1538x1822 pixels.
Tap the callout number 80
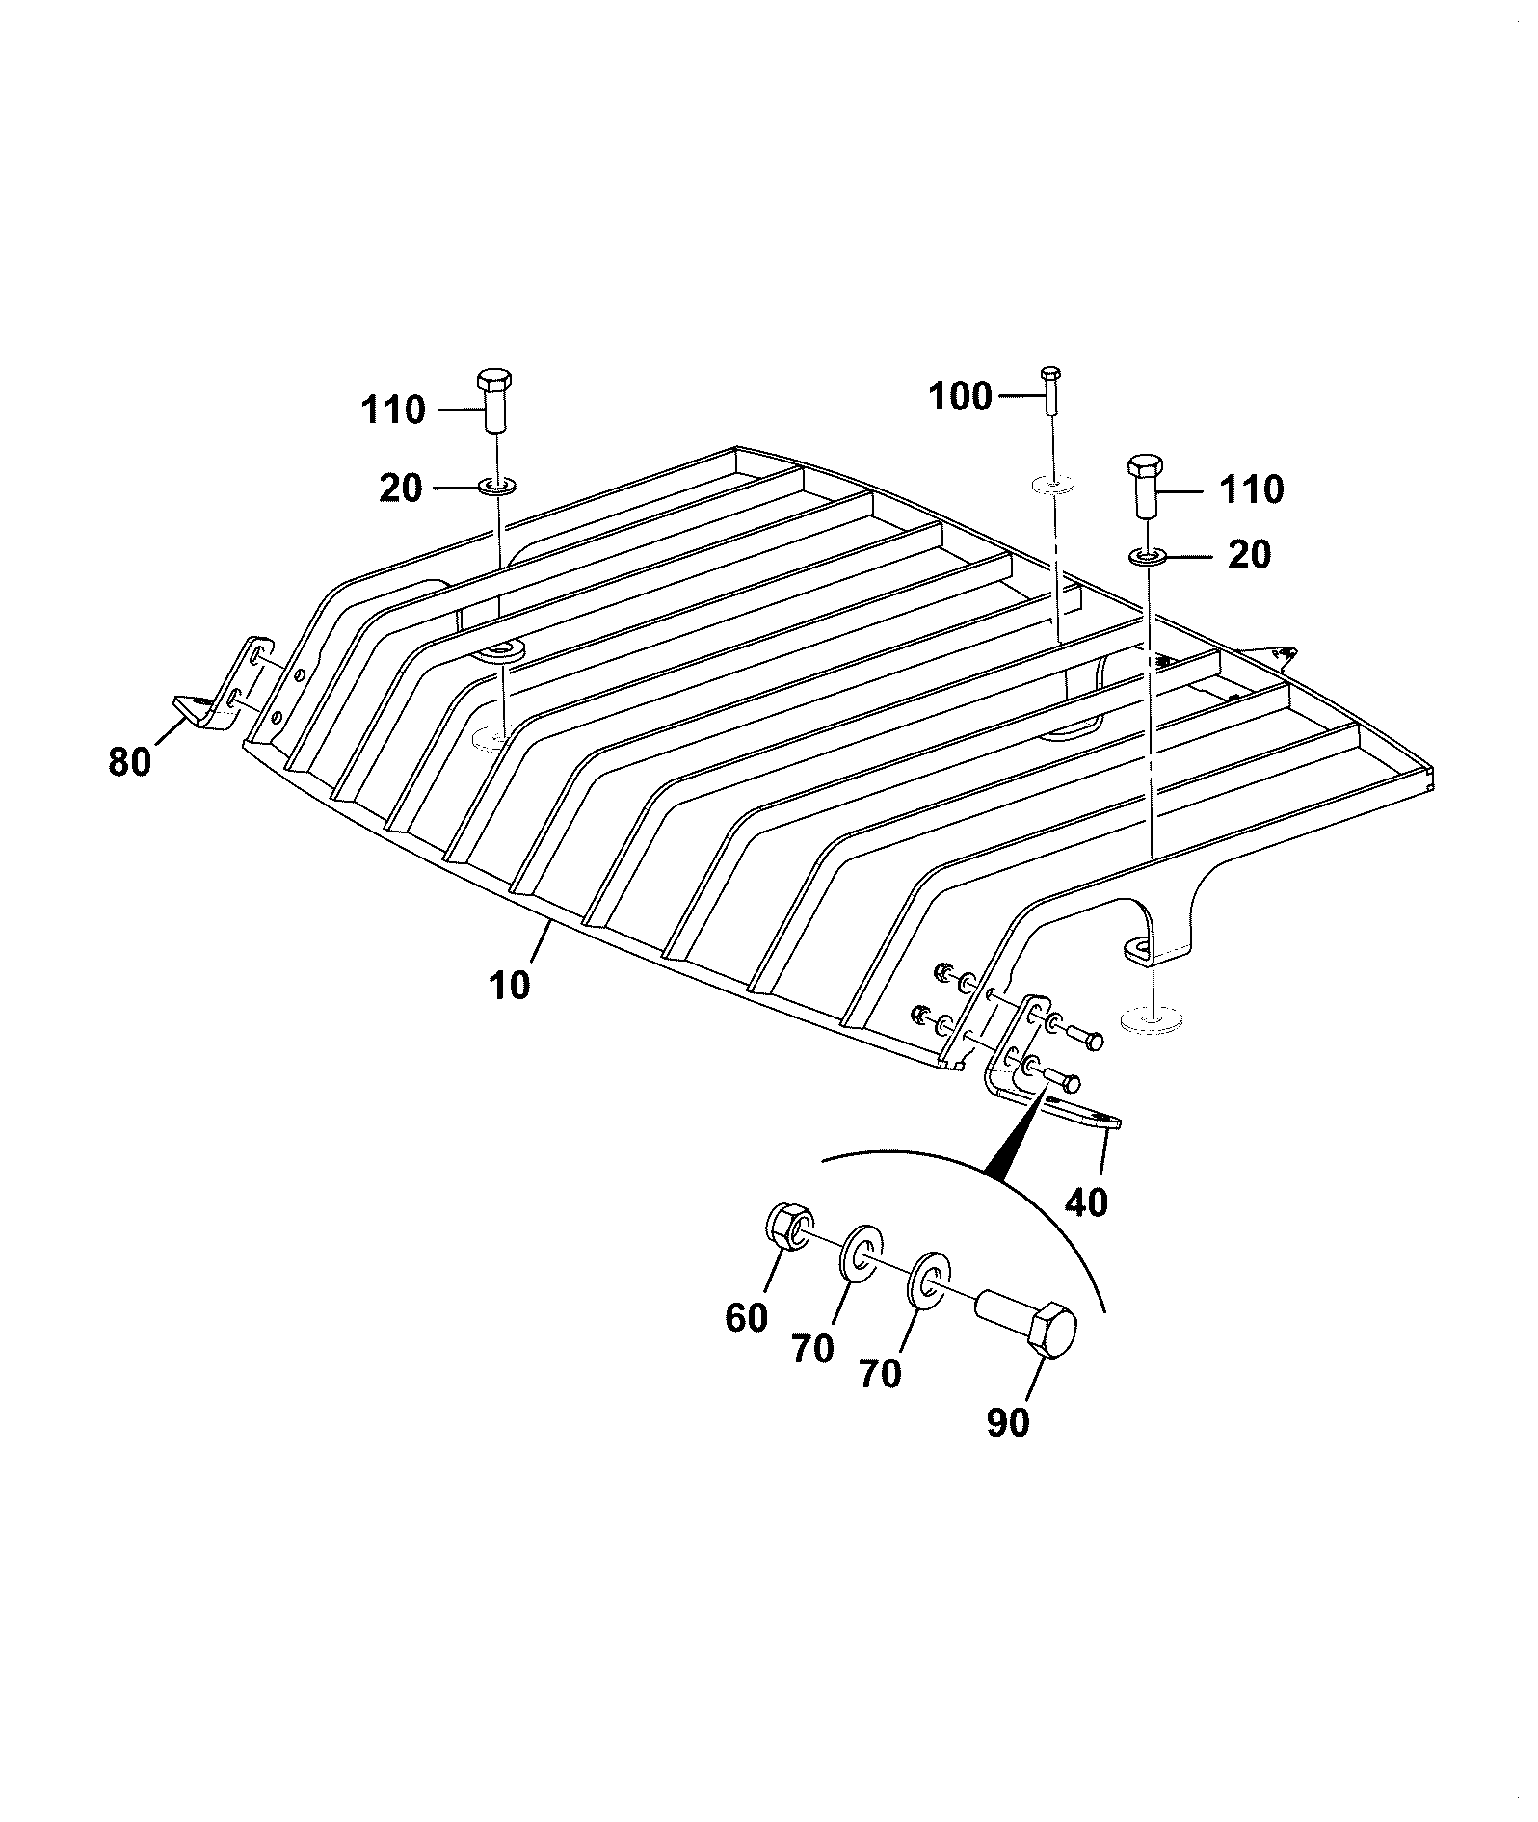tap(130, 762)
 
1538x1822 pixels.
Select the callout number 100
tap(960, 396)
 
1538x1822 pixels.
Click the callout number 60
tap(746, 1317)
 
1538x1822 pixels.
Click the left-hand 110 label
tap(393, 410)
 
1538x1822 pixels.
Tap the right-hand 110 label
tap(1252, 490)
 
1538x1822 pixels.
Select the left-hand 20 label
tap(401, 489)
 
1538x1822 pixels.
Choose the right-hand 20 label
tap(1249, 555)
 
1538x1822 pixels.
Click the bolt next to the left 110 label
tap(494, 401)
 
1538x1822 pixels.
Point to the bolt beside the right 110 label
tap(1145, 487)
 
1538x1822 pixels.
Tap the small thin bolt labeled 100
tap(1050, 390)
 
